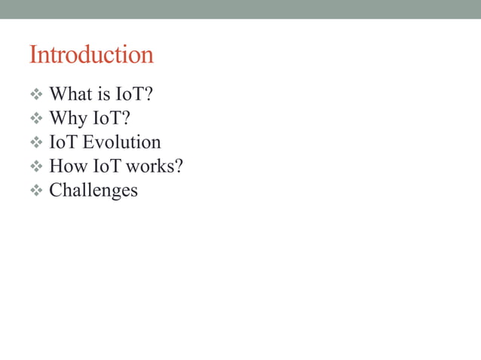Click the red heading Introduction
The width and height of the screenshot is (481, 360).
(90, 55)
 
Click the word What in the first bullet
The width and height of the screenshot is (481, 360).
(69, 95)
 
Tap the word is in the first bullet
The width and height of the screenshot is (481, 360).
(103, 95)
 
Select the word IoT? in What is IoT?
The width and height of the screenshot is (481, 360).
(135, 95)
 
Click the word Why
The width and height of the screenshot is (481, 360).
(67, 119)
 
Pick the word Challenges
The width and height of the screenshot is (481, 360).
(93, 191)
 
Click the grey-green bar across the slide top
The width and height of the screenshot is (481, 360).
(240, 9)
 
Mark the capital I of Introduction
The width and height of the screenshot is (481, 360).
(33, 55)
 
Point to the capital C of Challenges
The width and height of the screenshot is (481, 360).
(55, 190)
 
